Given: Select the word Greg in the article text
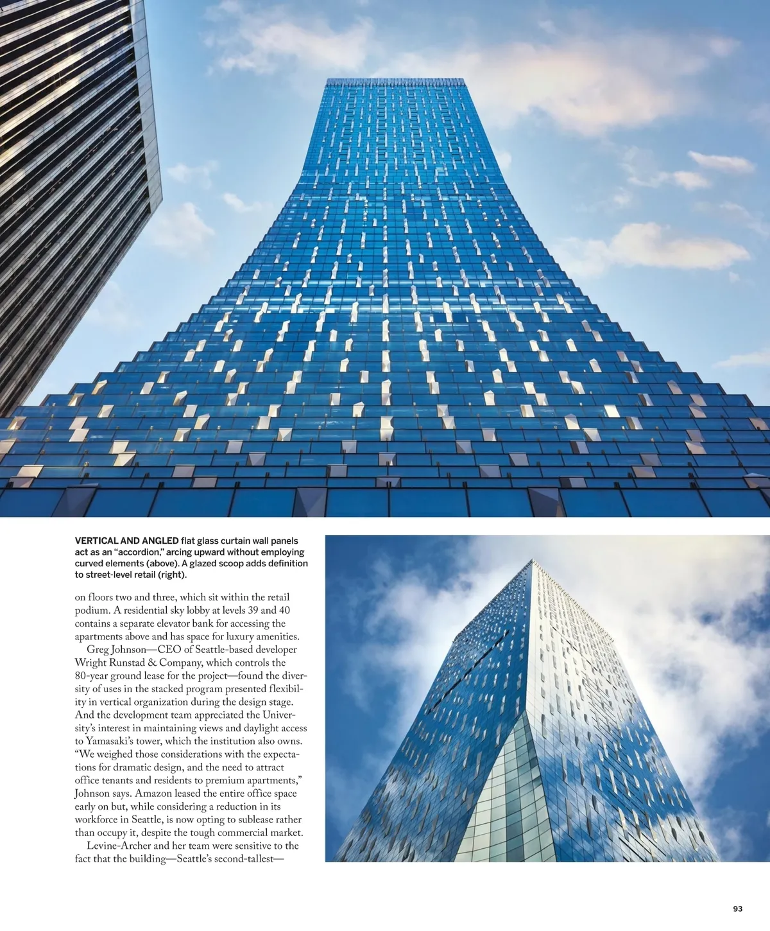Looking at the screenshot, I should (98, 650).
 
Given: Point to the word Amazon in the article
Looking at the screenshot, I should (151, 794).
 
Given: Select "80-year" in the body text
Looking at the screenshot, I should (91, 676).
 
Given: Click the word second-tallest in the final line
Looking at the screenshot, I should (248, 858).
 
